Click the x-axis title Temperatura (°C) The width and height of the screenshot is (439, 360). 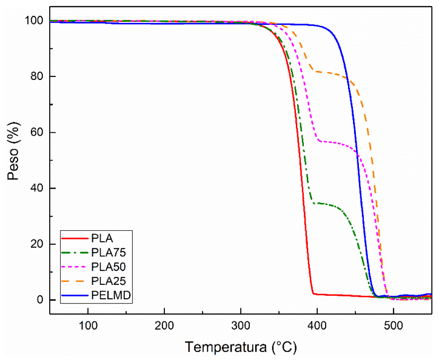click(241, 347)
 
